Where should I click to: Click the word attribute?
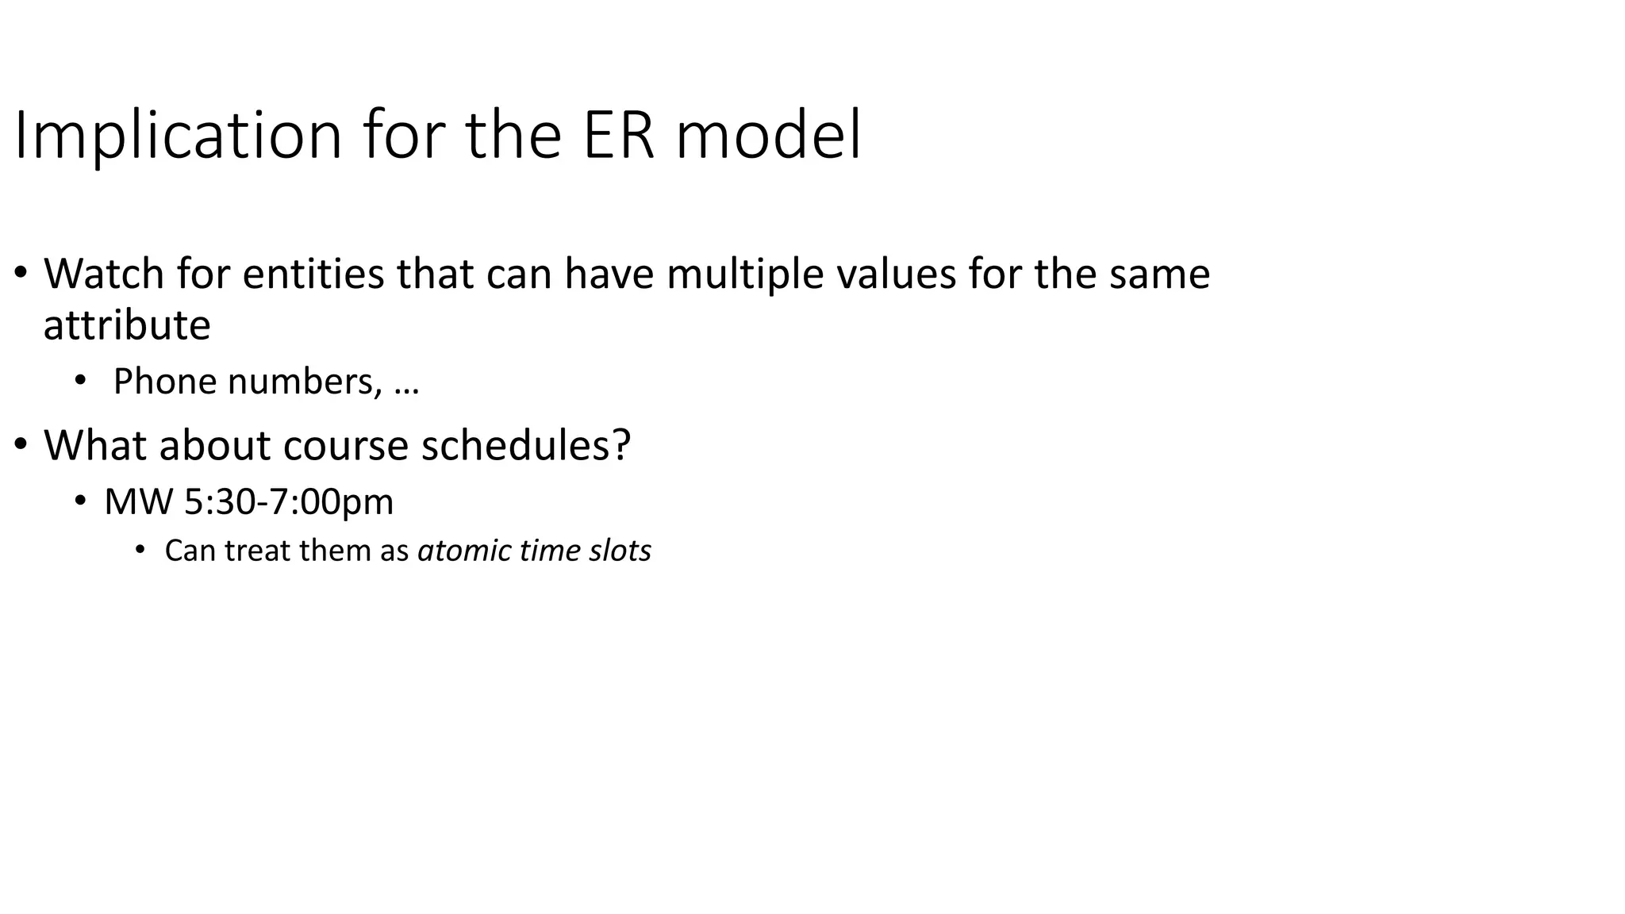point(126,325)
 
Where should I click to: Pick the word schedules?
point(524,445)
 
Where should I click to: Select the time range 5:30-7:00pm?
point(288,502)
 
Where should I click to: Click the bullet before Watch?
point(21,274)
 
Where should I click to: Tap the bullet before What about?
point(21,445)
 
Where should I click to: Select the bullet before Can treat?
point(140,550)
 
